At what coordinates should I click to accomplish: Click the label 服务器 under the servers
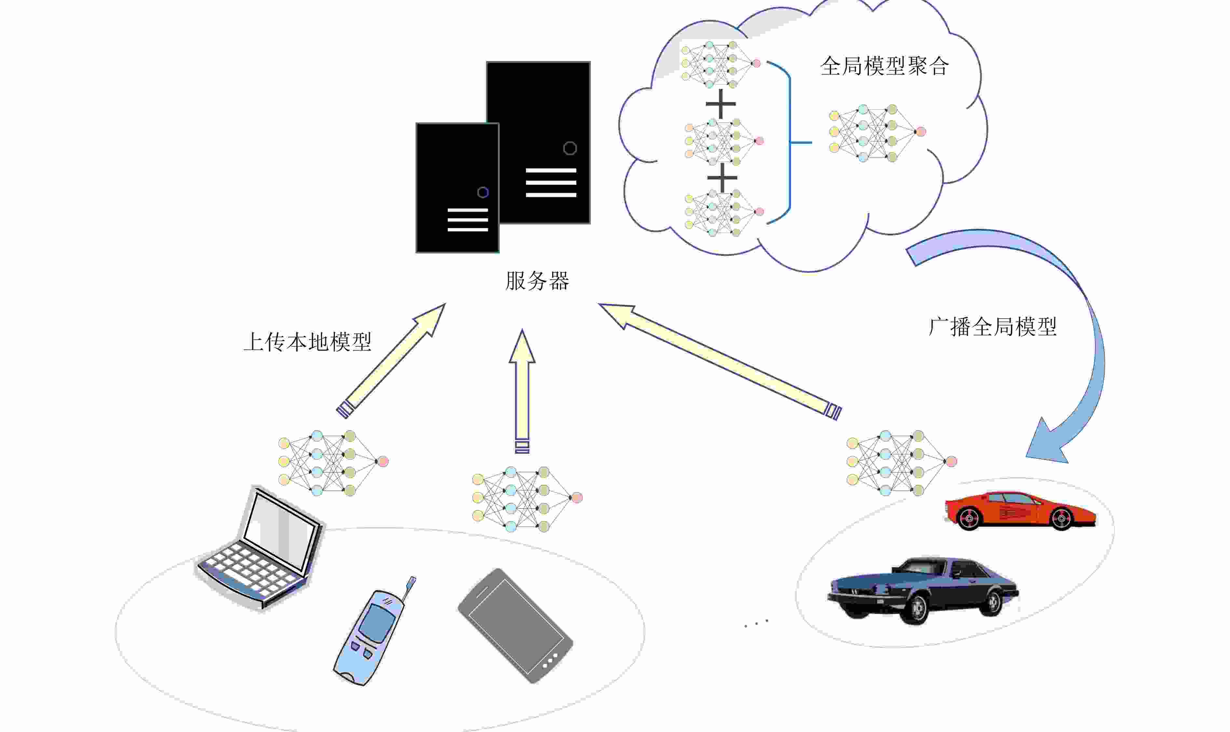click(537, 281)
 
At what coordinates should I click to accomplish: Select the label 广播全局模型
click(992, 326)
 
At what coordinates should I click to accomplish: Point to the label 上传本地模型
click(307, 342)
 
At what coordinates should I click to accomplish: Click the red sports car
click(1019, 511)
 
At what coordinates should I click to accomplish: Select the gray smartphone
click(515, 626)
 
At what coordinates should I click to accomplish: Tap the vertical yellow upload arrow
click(522, 391)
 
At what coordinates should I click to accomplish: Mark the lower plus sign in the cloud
click(722, 177)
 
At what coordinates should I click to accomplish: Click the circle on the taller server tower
click(570, 148)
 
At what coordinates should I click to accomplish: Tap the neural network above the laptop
click(333, 463)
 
